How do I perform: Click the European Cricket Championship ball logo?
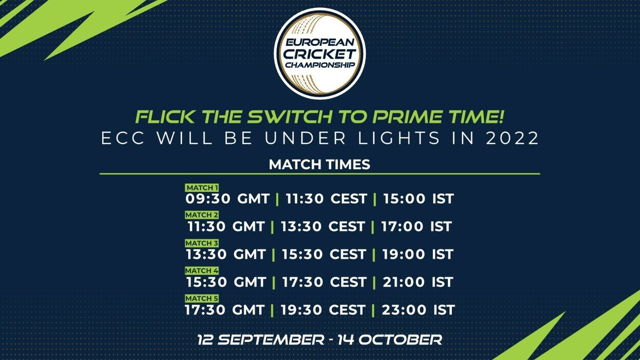[x=319, y=53]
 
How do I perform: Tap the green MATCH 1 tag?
[x=202, y=188]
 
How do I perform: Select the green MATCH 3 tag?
[x=202, y=243]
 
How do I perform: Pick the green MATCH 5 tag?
[x=202, y=298]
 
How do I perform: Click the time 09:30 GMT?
[x=227, y=199]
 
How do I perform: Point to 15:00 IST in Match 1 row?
[x=418, y=199]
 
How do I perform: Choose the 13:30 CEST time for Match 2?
[x=323, y=227]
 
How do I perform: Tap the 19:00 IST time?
[x=418, y=254]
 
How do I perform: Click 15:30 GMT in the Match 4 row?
[x=226, y=282]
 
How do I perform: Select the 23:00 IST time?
[x=418, y=310]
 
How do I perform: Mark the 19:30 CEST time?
[x=323, y=310]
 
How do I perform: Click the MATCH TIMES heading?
[x=319, y=165]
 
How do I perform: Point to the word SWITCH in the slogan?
[x=290, y=117]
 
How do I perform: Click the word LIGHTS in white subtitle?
[x=399, y=138]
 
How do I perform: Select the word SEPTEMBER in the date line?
[x=271, y=340]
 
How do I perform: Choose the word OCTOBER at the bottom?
[x=401, y=340]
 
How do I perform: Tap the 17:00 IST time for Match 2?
[x=417, y=227]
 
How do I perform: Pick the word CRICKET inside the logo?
[x=319, y=54]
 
